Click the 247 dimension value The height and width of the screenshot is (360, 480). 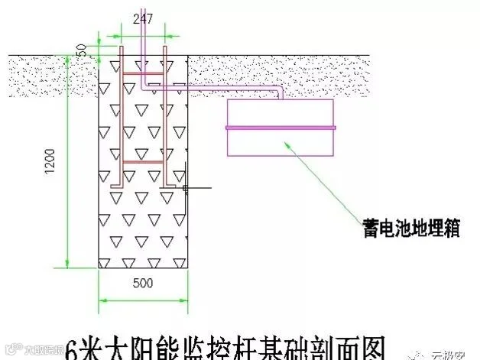[143, 20]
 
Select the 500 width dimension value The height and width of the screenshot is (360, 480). [143, 283]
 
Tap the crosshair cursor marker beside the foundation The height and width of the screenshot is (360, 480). [186, 186]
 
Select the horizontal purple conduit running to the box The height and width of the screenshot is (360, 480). [229, 88]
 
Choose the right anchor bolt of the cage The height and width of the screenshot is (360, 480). [164, 122]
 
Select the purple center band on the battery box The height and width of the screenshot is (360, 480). [280, 127]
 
